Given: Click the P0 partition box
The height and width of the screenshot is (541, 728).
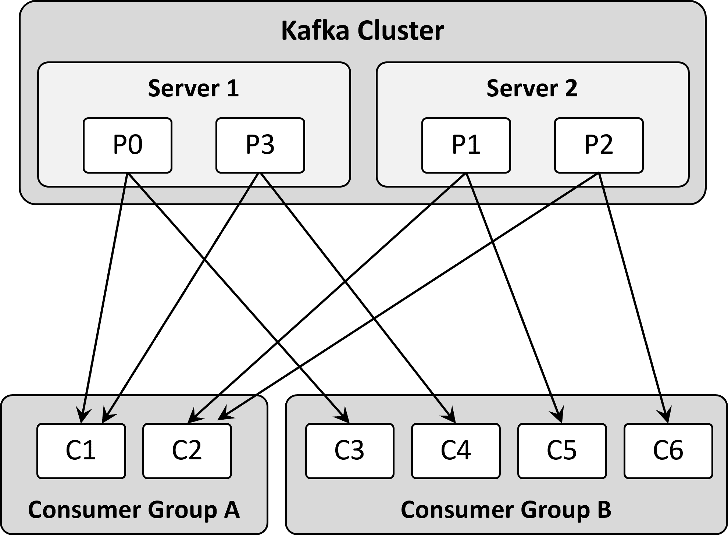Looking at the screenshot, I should [x=128, y=145].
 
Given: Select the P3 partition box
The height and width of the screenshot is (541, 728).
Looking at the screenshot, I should [x=260, y=145].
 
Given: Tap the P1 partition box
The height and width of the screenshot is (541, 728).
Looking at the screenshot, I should [x=466, y=145].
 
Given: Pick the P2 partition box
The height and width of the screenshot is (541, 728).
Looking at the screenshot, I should [x=599, y=145].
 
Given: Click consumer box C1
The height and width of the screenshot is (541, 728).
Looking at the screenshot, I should [x=81, y=451].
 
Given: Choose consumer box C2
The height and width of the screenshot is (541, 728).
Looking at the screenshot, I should [x=187, y=451].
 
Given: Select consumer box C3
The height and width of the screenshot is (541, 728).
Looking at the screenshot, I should [x=350, y=451].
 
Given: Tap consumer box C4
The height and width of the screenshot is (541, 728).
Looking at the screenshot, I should [x=456, y=451].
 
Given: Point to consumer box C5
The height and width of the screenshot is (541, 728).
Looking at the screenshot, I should [x=562, y=451].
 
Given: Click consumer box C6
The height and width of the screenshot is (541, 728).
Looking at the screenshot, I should [x=668, y=451].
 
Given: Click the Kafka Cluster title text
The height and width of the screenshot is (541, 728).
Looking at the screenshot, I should [x=363, y=31].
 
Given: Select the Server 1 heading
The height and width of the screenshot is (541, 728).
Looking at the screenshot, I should [x=194, y=89].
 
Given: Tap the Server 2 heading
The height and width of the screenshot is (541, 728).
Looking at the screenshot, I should [x=532, y=89].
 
